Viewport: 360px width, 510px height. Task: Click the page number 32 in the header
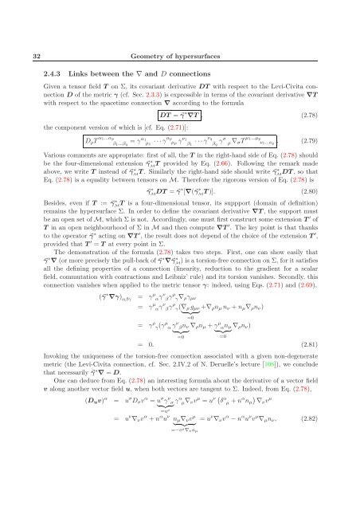(x=25, y=29)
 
